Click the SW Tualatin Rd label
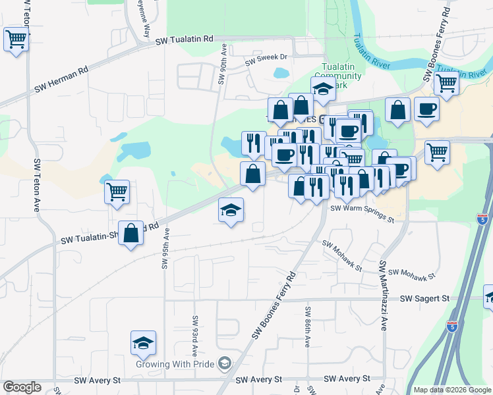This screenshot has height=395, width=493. [x=185, y=40]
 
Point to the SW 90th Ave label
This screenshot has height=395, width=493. [x=223, y=65]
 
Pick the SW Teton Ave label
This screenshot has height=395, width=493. [x=37, y=185]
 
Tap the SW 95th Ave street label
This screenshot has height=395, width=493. [x=165, y=249]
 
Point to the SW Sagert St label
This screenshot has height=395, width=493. [x=424, y=299]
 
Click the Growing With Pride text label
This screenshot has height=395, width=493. [x=176, y=363]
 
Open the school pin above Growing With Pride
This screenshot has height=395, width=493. [x=143, y=343]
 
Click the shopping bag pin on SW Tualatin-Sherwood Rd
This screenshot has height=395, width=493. [x=131, y=233]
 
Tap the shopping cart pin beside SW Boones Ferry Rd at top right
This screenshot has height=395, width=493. [x=446, y=83]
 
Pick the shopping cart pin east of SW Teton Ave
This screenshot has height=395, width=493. [x=117, y=192]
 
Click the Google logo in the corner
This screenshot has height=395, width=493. [x=21, y=387]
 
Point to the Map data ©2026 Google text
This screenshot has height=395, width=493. [x=451, y=390]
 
